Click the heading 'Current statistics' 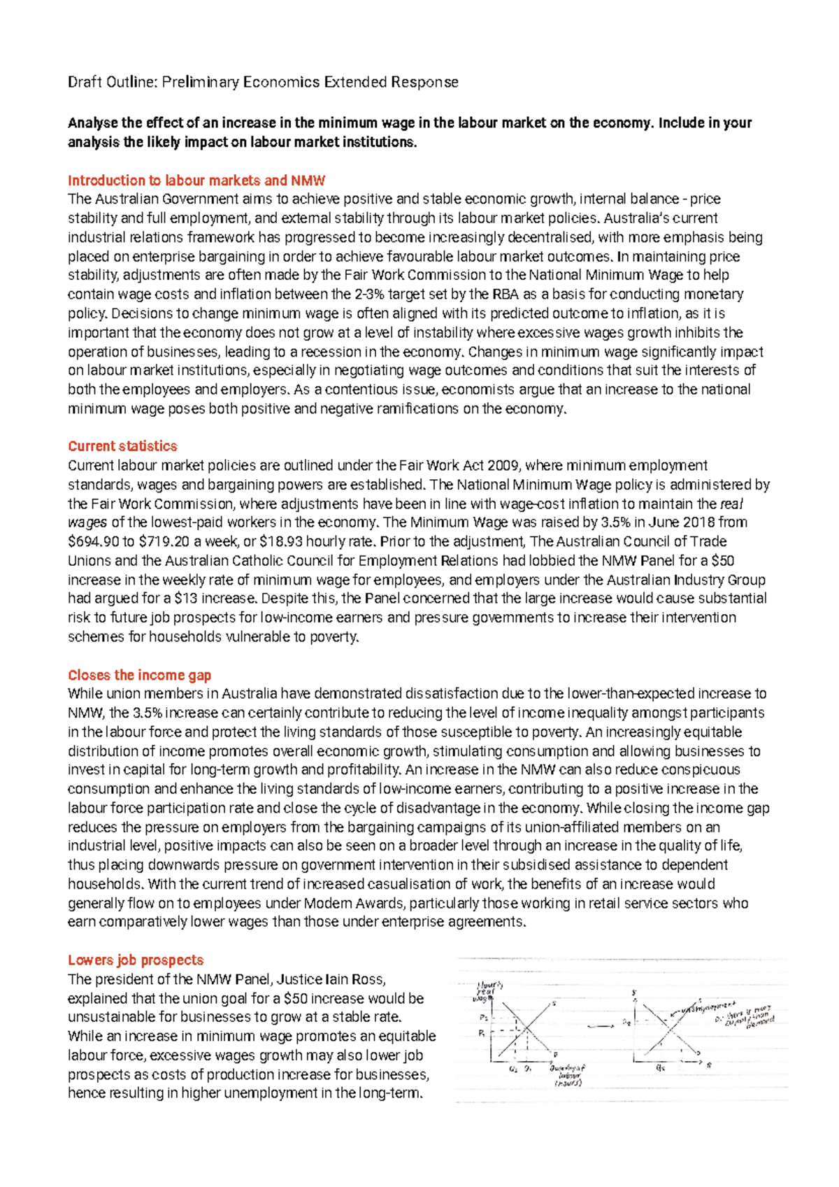pos(122,446)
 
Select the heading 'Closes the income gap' pos(139,675)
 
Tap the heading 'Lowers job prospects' pos(136,960)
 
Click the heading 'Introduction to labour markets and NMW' pos(196,180)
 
